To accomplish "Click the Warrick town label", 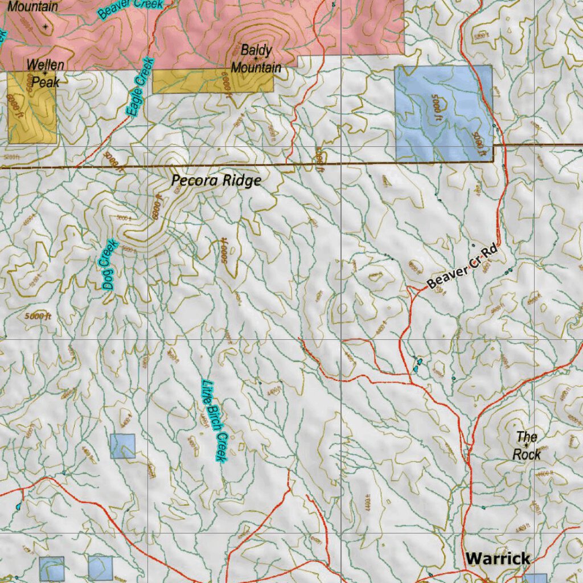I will pyautogui.click(x=498, y=559).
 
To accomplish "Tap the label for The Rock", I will pyautogui.click(x=527, y=446).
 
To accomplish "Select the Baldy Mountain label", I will pyautogui.click(x=256, y=59).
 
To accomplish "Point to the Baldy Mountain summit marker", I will pyautogui.click(x=256, y=58).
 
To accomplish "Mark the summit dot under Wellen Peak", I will pyautogui.click(x=45, y=73).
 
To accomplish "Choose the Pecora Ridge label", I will pyautogui.click(x=216, y=181).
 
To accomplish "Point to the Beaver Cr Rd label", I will pyautogui.click(x=462, y=266).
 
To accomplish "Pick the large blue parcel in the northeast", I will pyautogui.click(x=443, y=113).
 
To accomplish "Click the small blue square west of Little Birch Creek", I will pyautogui.click(x=122, y=446).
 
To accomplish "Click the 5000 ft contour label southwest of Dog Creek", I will pyautogui.click(x=39, y=316).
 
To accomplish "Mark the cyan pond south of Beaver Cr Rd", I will pyautogui.click(x=418, y=365).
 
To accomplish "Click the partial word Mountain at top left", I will pyautogui.click(x=32, y=7).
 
